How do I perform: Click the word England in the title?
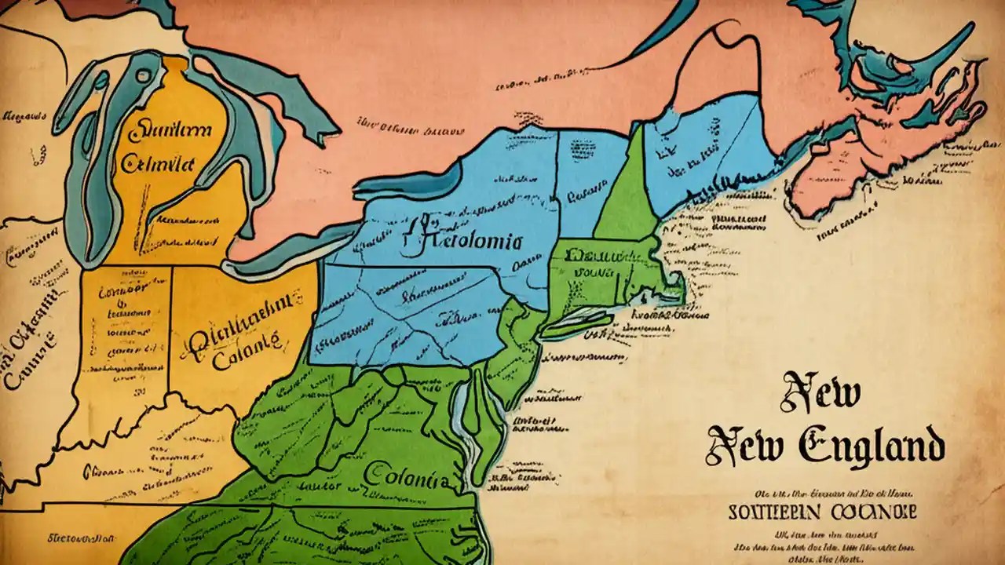pos(872,446)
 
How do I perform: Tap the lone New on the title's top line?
pos(820,393)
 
